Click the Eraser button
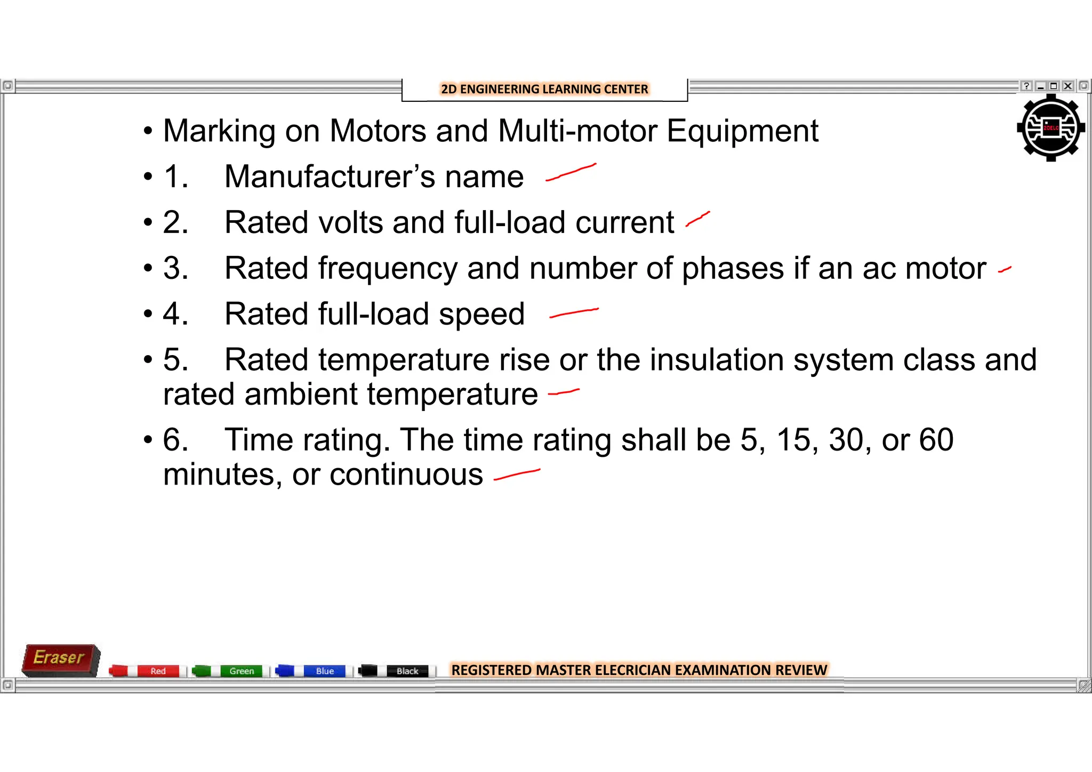pos(60,659)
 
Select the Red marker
pos(147,671)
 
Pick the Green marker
pos(229,671)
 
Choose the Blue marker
pos(312,671)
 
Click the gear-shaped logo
pos(1050,128)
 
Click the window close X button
pos(1067,86)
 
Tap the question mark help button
pos(1026,86)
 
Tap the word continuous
pos(406,475)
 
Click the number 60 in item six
pos(936,440)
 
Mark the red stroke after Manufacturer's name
pos(571,173)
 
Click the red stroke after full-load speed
pos(574,312)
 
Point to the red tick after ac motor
pos(1005,270)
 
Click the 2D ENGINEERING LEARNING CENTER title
pos(544,89)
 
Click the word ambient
pos(301,395)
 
